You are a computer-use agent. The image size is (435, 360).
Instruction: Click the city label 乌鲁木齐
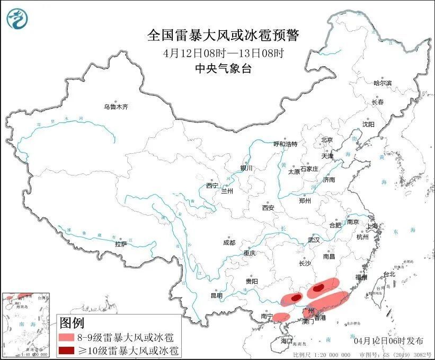click(116, 107)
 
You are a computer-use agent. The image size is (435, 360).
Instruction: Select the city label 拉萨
click(120, 244)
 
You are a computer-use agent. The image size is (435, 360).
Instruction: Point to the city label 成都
click(229, 242)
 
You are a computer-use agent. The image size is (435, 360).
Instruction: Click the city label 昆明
click(217, 295)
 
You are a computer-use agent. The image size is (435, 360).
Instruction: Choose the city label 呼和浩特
click(285, 144)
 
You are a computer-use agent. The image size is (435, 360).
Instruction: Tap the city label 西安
click(268, 208)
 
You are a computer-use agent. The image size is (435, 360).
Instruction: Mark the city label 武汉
click(314, 240)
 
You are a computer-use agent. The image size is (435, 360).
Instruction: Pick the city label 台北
click(389, 275)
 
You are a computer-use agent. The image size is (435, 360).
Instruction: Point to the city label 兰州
click(227, 190)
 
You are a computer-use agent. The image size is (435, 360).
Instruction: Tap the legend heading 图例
click(72, 322)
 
